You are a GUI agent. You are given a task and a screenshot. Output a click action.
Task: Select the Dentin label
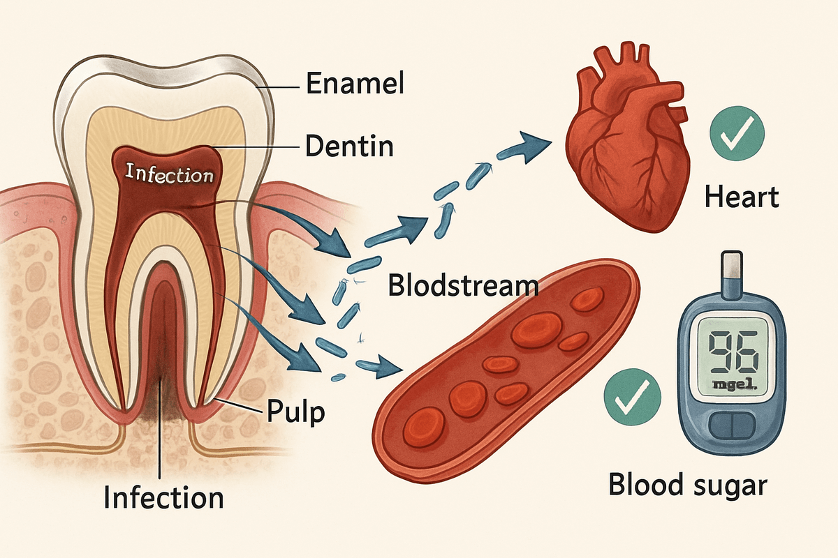[x=349, y=147]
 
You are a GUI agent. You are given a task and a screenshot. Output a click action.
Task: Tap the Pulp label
[x=295, y=412]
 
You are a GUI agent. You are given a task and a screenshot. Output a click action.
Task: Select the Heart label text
[x=740, y=198]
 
